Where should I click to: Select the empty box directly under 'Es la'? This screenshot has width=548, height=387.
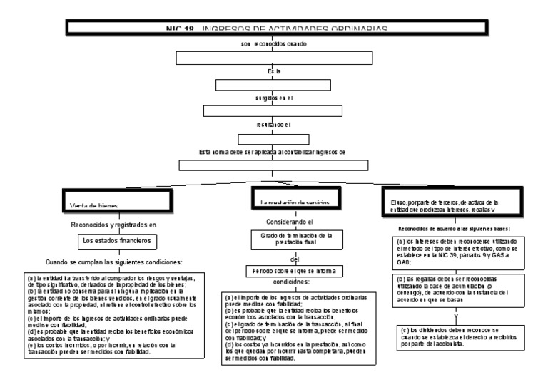pyautogui.click(x=275, y=85)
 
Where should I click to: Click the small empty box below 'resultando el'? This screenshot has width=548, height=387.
pyautogui.click(x=274, y=139)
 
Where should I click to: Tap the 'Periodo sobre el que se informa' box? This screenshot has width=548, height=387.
pyautogui.click(x=294, y=271)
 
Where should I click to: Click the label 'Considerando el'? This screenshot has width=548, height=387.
pyautogui.click(x=293, y=222)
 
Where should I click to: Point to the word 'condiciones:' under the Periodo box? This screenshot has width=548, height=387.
pyautogui.click(x=293, y=282)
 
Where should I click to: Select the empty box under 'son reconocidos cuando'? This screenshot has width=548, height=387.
pyautogui.click(x=275, y=58)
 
